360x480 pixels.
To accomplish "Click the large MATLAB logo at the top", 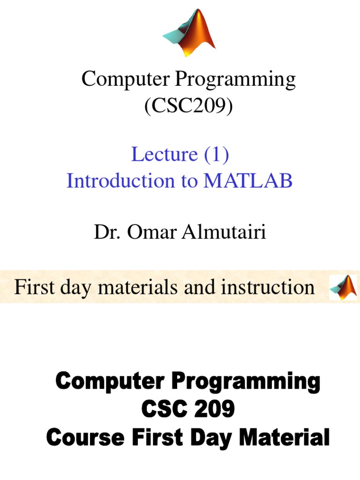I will tap(190, 33).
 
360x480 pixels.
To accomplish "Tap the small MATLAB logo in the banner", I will tap(343, 287).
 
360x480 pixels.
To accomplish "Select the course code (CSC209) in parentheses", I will tap(188, 106).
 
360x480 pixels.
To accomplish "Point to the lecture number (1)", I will tap(216, 154).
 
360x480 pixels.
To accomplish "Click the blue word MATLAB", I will tap(247, 180).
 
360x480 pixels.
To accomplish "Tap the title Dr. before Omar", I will tap(105, 232).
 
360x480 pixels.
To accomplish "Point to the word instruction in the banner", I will tap(268, 287).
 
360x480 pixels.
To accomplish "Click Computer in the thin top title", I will tap(126, 79).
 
